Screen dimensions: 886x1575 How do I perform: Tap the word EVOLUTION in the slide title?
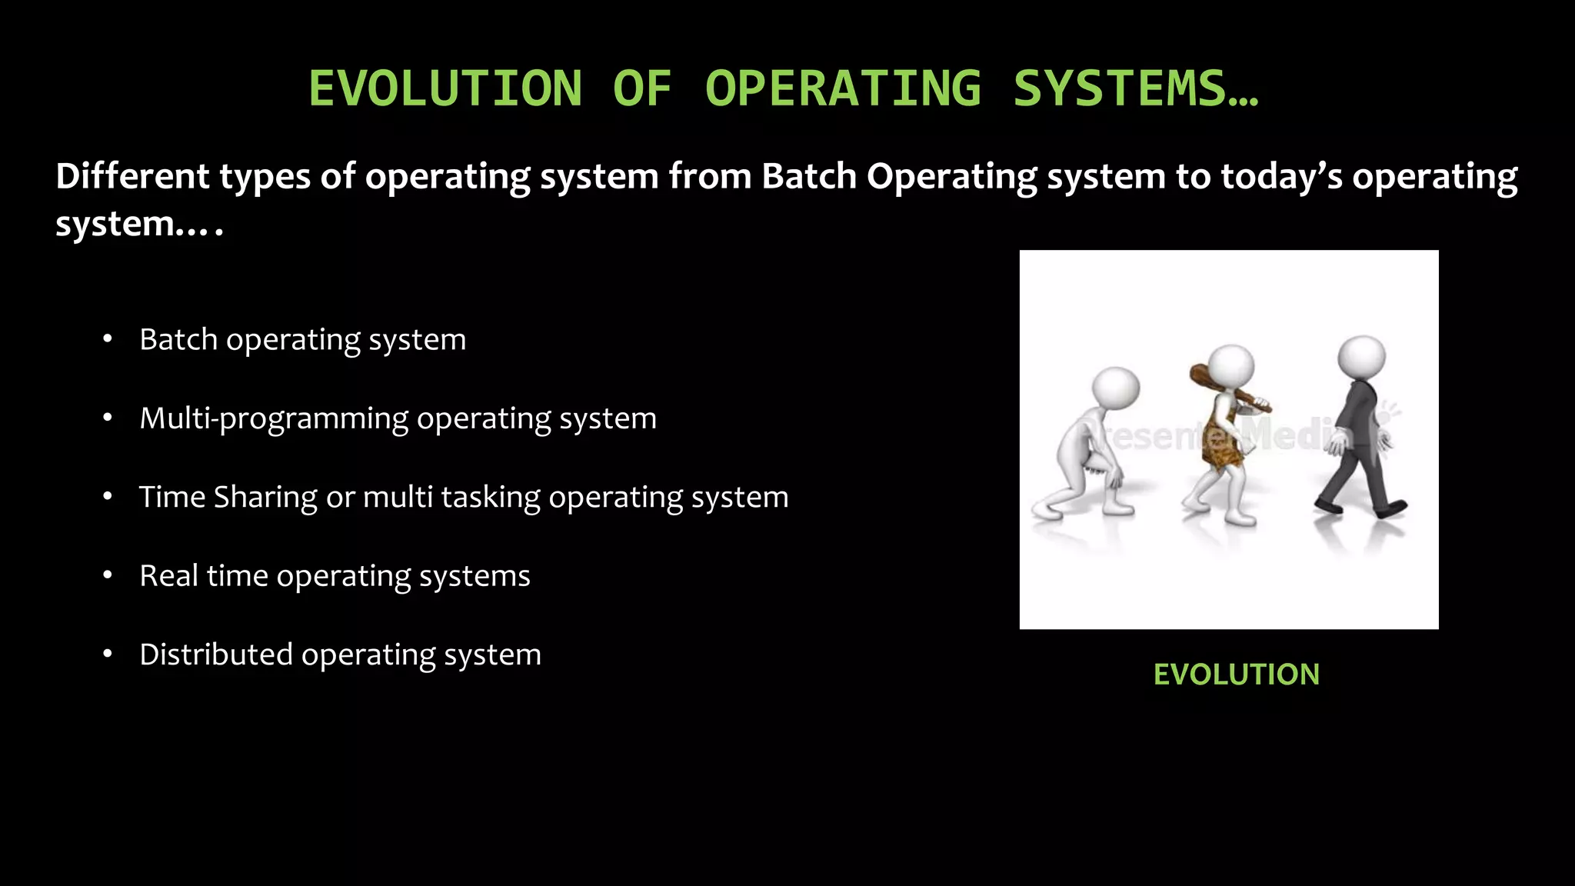coord(445,88)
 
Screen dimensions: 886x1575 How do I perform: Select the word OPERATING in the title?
coord(843,88)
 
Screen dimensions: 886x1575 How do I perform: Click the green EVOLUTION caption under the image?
coord(1236,674)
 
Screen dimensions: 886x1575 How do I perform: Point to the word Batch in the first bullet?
coord(178,339)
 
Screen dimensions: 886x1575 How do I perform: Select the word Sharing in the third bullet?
coord(265,498)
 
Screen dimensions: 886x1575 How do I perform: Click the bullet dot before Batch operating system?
coord(108,339)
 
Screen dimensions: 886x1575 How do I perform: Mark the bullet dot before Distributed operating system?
coord(108,655)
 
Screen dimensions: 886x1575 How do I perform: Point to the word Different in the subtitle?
coord(132,177)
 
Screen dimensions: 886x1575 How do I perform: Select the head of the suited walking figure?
coord(1361,357)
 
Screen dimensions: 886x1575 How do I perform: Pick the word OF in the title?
coord(642,88)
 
